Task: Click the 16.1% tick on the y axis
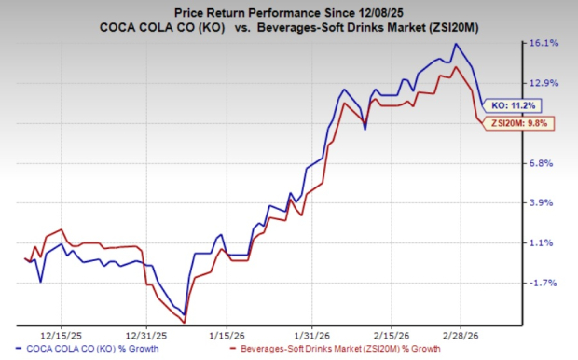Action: pyautogui.click(x=544, y=43)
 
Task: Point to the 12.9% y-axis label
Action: pyautogui.click(x=544, y=83)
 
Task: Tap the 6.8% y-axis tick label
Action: pyautogui.click(x=544, y=163)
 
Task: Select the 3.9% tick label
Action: pyautogui.click(x=544, y=202)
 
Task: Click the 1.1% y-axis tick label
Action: pyautogui.click(x=544, y=242)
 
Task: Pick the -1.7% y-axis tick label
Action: pyautogui.click(x=544, y=283)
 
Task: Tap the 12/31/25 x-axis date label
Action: pyautogui.click(x=148, y=333)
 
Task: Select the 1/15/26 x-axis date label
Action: pyautogui.click(x=227, y=333)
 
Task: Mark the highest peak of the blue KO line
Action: pyautogui.click(x=455, y=43)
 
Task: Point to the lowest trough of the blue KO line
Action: pyautogui.click(x=185, y=314)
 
